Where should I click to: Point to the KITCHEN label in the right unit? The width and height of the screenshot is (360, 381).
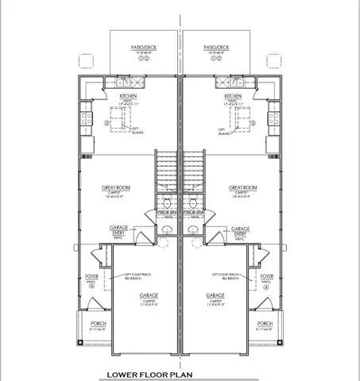coord(233,95)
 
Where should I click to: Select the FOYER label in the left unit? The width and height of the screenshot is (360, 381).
coord(91,277)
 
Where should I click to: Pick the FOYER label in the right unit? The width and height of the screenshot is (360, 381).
coord(267,277)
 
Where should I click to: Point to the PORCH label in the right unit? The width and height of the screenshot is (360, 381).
coord(265,324)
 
